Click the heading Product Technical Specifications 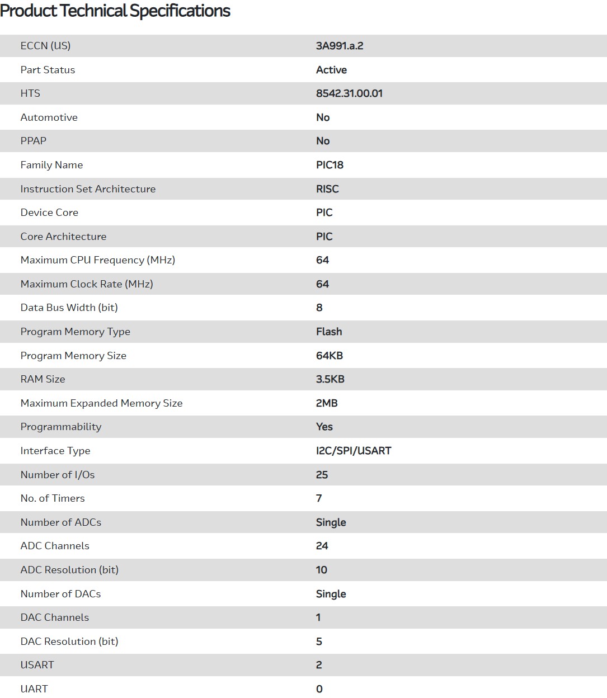(115, 11)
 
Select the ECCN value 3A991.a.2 (340, 46)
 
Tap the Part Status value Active (331, 70)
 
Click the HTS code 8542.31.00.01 (349, 93)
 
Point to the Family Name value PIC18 (330, 165)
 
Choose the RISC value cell (327, 189)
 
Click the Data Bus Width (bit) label (69, 308)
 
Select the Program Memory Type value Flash (329, 332)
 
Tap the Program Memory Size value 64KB (330, 356)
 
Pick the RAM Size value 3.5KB (330, 379)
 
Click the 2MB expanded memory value (327, 403)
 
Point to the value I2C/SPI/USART (354, 451)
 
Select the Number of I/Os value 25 (322, 475)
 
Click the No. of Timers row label (53, 498)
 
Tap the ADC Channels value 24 (322, 546)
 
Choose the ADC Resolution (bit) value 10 (322, 570)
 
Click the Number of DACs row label (60, 594)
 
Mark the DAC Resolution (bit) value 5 (319, 642)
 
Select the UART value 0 (319, 689)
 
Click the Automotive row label (49, 117)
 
